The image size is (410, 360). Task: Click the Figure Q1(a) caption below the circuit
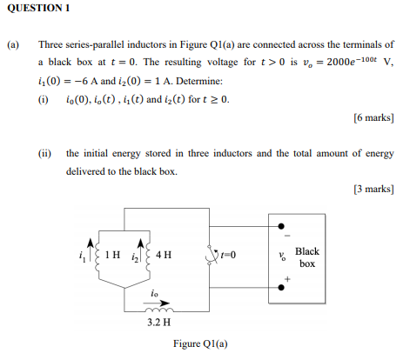pyautogui.click(x=200, y=344)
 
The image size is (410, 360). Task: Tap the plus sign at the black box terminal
pyautogui.click(x=286, y=281)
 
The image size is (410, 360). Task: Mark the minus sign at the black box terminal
pyautogui.click(x=285, y=233)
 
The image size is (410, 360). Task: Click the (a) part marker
pyautogui.click(x=13, y=43)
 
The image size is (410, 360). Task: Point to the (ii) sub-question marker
pyautogui.click(x=44, y=153)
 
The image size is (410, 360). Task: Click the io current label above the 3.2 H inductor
pyautogui.click(x=154, y=294)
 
